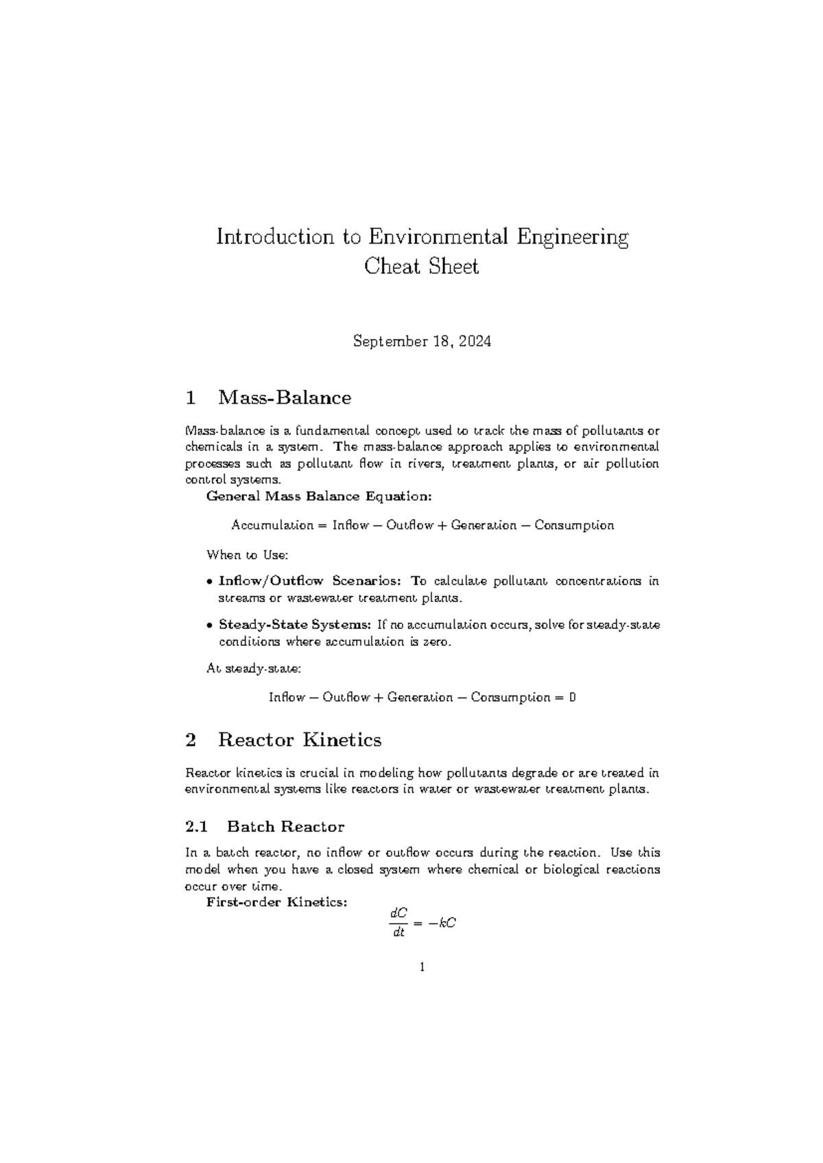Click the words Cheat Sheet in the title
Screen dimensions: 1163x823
pyautogui.click(x=421, y=266)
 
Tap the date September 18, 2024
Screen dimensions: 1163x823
pyautogui.click(x=422, y=341)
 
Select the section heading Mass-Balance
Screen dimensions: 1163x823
pyautogui.click(x=285, y=398)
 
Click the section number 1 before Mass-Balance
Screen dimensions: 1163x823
pyautogui.click(x=191, y=398)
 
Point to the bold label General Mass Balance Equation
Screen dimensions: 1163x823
pyautogui.click(x=319, y=496)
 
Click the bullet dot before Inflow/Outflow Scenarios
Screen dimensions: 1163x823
pyautogui.click(x=209, y=581)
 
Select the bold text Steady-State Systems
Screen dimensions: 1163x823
pyautogui.click(x=295, y=625)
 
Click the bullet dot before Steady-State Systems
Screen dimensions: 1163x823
pyautogui.click(x=209, y=625)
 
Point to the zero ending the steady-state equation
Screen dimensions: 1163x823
pyautogui.click(x=572, y=697)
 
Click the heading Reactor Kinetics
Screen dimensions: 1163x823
pyautogui.click(x=300, y=740)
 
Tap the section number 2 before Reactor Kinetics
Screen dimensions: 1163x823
pyautogui.click(x=191, y=740)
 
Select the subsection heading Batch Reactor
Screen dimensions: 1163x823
pyautogui.click(x=285, y=827)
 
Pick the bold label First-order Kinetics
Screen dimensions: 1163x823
pyautogui.click(x=276, y=902)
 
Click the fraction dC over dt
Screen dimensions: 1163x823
pyautogui.click(x=398, y=923)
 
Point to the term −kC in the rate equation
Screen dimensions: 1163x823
pyautogui.click(x=442, y=923)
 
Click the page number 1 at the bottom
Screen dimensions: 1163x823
pyautogui.click(x=422, y=968)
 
